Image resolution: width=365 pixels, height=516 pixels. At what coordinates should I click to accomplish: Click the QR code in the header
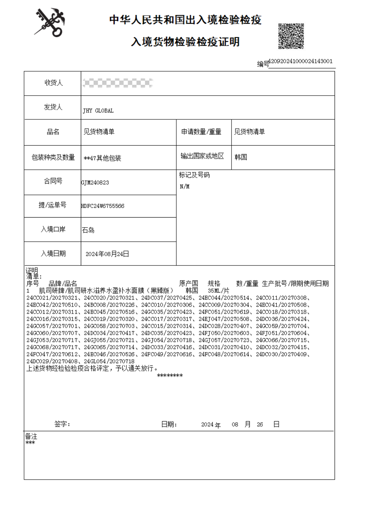pos(291,36)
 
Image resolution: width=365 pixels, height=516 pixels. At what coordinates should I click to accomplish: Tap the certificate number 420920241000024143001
pos(300,62)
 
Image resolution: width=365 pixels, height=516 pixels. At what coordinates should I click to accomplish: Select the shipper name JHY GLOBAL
pos(98,110)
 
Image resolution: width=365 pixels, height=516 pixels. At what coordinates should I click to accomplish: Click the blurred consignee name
pos(117,83)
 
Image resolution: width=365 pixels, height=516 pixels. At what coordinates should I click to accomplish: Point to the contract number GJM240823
pos(95,182)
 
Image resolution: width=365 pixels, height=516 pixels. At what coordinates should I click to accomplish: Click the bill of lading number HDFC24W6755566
pos(103,206)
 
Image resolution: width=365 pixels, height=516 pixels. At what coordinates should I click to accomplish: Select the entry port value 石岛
pos(88,230)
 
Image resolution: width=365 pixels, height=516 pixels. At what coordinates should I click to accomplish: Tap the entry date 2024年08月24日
pos(107,254)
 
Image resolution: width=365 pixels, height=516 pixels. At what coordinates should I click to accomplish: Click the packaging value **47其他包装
pos(103,158)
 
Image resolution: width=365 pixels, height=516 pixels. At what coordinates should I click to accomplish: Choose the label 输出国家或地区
pos(202,156)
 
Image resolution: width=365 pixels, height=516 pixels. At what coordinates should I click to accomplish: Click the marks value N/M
pos(185,186)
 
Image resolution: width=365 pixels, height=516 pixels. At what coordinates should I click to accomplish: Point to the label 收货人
pos(53,83)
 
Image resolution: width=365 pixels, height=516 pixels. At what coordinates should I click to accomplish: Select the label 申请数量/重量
pos(201,132)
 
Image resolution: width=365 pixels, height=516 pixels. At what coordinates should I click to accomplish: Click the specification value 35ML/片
pos(218,291)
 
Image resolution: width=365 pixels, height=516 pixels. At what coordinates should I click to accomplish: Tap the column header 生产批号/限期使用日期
pos(295,284)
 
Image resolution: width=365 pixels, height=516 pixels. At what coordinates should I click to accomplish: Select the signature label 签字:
pos(62,424)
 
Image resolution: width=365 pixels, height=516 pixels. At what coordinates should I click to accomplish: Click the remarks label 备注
pos(31,436)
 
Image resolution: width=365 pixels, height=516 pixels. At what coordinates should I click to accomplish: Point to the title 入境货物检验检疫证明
pos(185,42)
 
